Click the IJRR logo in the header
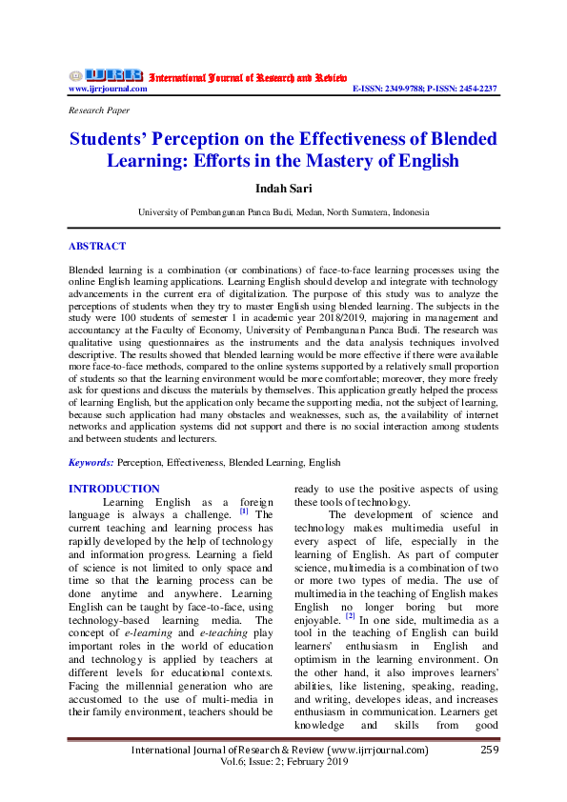coord(106,75)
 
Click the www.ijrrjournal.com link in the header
coord(108,89)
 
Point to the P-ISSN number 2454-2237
coord(475,89)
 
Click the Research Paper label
coord(99,110)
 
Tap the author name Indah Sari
coord(283,189)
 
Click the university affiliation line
coord(283,212)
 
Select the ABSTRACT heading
coord(97,246)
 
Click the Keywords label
coord(91,462)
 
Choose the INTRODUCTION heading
coord(114,489)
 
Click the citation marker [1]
coord(244,511)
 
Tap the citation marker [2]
coord(350,615)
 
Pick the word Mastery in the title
coord(368,160)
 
